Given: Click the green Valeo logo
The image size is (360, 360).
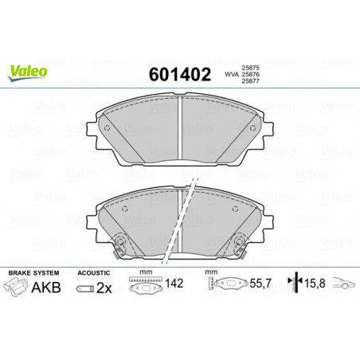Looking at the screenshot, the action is click(27, 72).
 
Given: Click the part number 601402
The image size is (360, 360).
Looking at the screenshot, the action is click(180, 74).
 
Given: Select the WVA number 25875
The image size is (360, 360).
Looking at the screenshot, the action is click(250, 68).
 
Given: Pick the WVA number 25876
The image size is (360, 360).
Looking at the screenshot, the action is click(250, 75).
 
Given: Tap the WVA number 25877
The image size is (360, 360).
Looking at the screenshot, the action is click(250, 81).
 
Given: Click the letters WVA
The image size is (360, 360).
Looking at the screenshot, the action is click(232, 75).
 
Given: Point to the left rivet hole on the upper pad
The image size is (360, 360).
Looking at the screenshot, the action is click(107, 128).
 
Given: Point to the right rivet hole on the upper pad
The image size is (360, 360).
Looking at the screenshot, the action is click(252, 128).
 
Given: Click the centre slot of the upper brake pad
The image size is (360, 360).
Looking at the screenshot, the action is click(180, 128).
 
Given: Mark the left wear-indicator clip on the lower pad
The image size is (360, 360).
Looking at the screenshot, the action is click(120, 244).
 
